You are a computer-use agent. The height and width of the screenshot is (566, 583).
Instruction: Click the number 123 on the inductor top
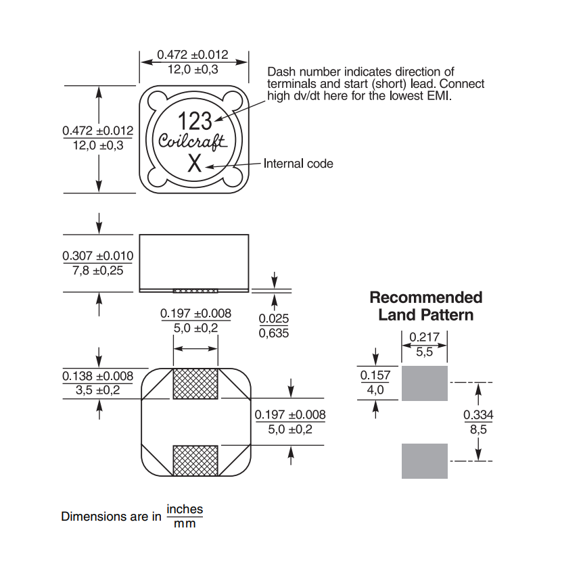(x=195, y=121)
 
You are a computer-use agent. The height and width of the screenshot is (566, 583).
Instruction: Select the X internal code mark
(x=194, y=163)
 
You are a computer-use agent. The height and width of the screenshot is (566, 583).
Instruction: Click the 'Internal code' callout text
(x=298, y=163)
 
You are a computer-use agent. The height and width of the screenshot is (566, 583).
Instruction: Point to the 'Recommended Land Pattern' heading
(x=426, y=306)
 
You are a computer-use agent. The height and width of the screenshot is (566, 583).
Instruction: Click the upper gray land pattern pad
(x=425, y=383)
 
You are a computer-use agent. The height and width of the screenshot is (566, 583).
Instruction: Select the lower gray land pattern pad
(x=425, y=461)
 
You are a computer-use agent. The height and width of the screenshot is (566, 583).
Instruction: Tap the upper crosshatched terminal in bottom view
(x=195, y=384)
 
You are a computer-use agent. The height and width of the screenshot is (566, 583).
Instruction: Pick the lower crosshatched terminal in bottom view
(x=195, y=461)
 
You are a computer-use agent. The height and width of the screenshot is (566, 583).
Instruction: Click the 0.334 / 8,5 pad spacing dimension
(x=477, y=421)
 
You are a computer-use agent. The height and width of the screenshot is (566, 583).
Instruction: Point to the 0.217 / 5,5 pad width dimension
(x=425, y=344)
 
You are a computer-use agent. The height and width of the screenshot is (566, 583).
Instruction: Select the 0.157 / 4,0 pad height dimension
(x=375, y=383)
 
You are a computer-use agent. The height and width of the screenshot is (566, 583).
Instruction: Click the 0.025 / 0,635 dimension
(x=274, y=325)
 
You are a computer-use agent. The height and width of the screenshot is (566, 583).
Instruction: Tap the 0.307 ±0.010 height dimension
(x=97, y=263)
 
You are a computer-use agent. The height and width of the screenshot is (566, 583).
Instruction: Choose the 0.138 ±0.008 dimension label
(x=97, y=383)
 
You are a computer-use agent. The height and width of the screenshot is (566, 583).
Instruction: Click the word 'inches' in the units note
(x=185, y=509)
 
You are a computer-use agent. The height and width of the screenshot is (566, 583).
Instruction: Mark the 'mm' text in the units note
(x=185, y=524)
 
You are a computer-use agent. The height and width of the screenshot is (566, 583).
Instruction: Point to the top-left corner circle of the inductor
(x=156, y=101)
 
